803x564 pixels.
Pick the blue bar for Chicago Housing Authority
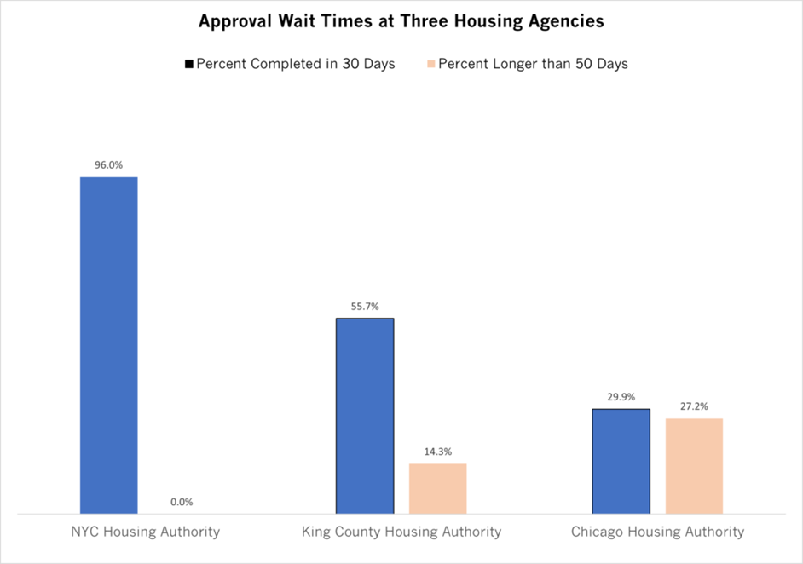621,461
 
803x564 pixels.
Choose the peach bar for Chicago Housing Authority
694,466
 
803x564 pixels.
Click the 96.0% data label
108,165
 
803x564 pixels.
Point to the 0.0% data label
182,503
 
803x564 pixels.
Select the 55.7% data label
365,306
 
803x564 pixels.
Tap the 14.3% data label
437,452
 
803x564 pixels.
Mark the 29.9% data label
621,397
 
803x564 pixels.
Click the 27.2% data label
694,406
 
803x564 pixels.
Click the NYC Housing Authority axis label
145,532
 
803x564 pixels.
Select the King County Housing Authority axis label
401,532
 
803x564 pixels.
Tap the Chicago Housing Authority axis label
657,532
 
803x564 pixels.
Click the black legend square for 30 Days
189,64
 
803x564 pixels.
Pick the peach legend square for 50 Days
431,64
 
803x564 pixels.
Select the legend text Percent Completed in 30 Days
296,64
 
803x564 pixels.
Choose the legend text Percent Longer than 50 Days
533,64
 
